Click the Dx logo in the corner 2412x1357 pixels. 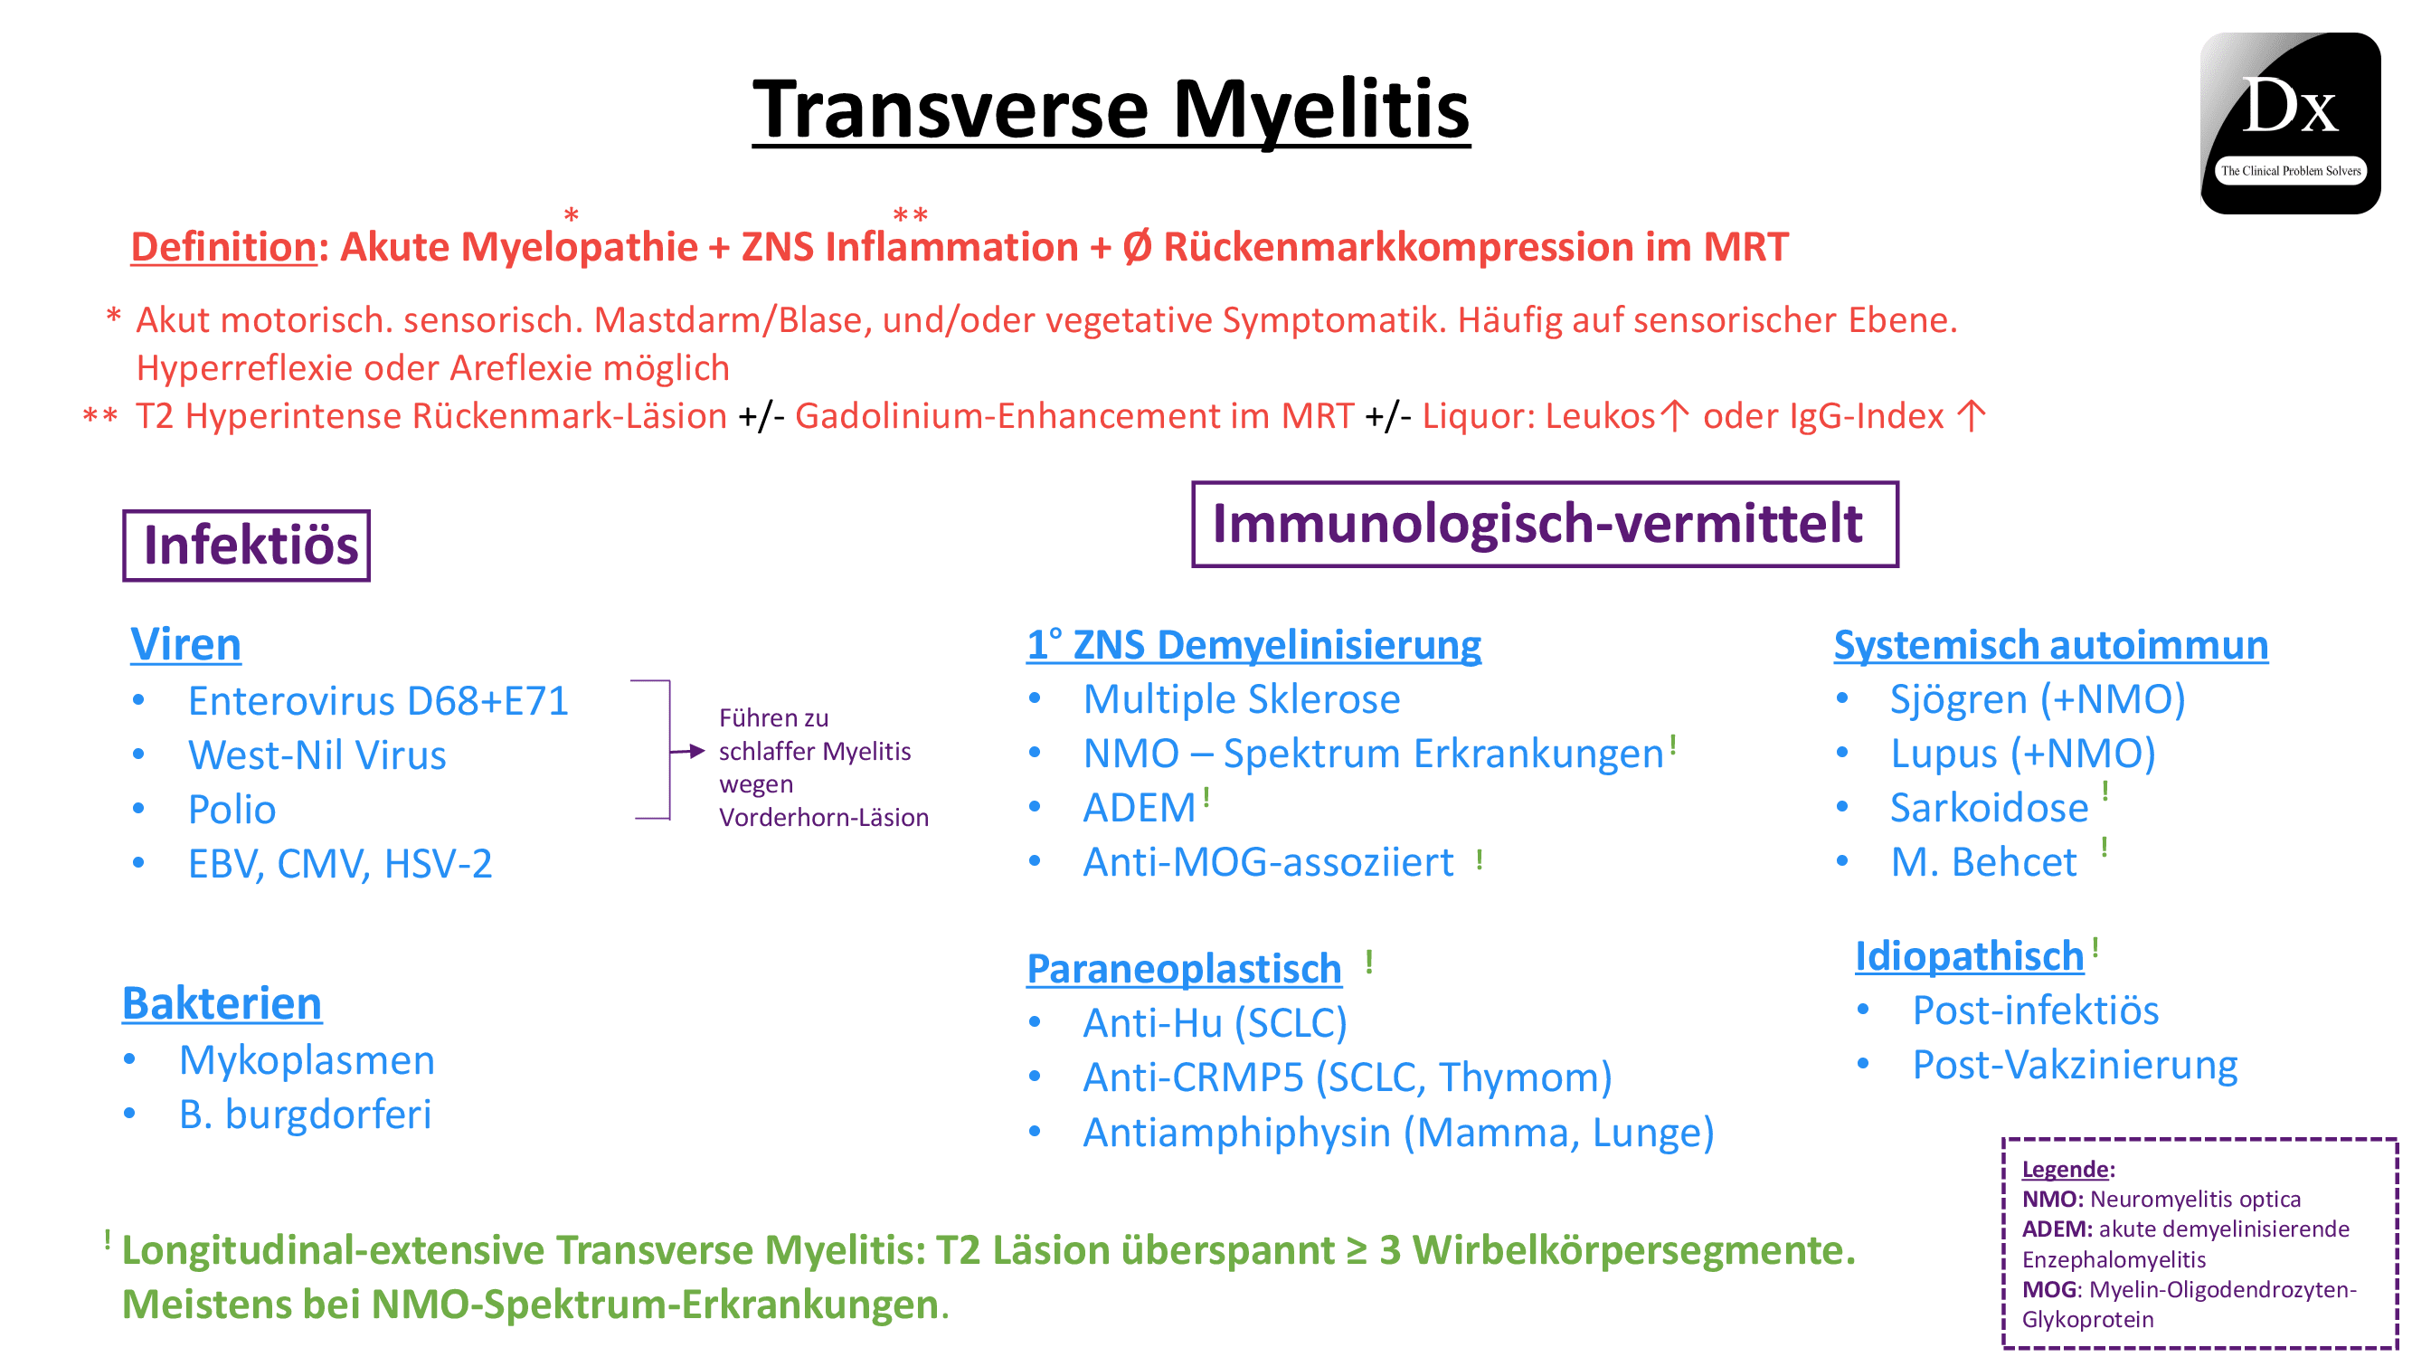[x=2289, y=123]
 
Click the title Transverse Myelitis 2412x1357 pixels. [x=1111, y=110]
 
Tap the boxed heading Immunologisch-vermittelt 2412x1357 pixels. [x=1544, y=524]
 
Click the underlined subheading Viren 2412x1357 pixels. [x=185, y=644]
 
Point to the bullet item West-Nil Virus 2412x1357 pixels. [x=317, y=754]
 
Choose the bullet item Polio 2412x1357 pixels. [x=232, y=809]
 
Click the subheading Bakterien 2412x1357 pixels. [x=222, y=1003]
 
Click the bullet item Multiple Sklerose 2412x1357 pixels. [x=1241, y=698]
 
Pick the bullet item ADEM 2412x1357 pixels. [x=1139, y=807]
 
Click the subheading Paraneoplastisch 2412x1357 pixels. [x=1184, y=968]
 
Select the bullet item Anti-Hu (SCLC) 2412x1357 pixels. [x=1215, y=1022]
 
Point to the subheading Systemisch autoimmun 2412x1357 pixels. [x=2049, y=644]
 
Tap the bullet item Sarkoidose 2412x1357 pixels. [x=1989, y=807]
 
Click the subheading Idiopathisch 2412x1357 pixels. [x=1969, y=956]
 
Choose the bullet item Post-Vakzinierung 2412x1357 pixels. [x=2074, y=1064]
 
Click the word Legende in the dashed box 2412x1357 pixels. [x=2065, y=1169]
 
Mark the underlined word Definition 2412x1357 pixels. [x=223, y=247]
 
